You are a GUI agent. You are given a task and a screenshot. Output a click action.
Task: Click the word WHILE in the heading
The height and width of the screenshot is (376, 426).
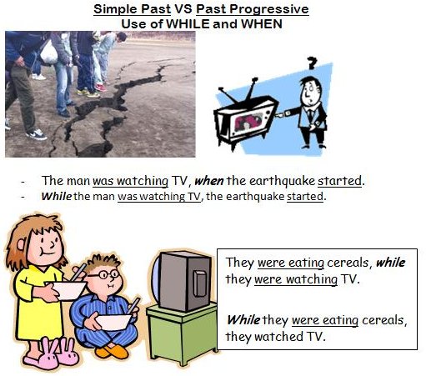tap(188, 23)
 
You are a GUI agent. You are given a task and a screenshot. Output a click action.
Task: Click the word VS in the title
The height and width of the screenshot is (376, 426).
tap(183, 9)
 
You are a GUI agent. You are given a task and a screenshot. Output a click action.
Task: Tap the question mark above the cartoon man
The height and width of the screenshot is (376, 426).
tap(312, 63)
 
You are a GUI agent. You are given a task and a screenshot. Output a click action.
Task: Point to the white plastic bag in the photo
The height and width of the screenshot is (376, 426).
tap(49, 53)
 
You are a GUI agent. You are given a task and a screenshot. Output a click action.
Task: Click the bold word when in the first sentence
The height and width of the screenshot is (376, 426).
tap(209, 181)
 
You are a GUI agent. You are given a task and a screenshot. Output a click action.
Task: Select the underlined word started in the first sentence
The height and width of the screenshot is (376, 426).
tap(339, 181)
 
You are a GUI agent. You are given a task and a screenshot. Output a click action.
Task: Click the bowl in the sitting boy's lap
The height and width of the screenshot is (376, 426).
tap(113, 322)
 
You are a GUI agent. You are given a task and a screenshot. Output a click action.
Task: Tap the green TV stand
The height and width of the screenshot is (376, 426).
tap(182, 333)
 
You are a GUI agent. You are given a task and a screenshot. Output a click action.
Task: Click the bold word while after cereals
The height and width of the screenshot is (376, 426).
tap(390, 263)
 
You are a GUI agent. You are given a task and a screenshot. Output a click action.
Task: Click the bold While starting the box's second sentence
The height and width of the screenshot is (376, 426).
tap(243, 320)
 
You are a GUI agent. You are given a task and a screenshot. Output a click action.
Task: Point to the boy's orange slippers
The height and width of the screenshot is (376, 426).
tap(112, 351)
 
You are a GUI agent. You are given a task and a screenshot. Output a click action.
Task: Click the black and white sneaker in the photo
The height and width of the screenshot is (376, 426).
tap(36, 134)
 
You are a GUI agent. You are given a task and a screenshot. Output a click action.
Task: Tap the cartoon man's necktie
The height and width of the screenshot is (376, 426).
tap(310, 114)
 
